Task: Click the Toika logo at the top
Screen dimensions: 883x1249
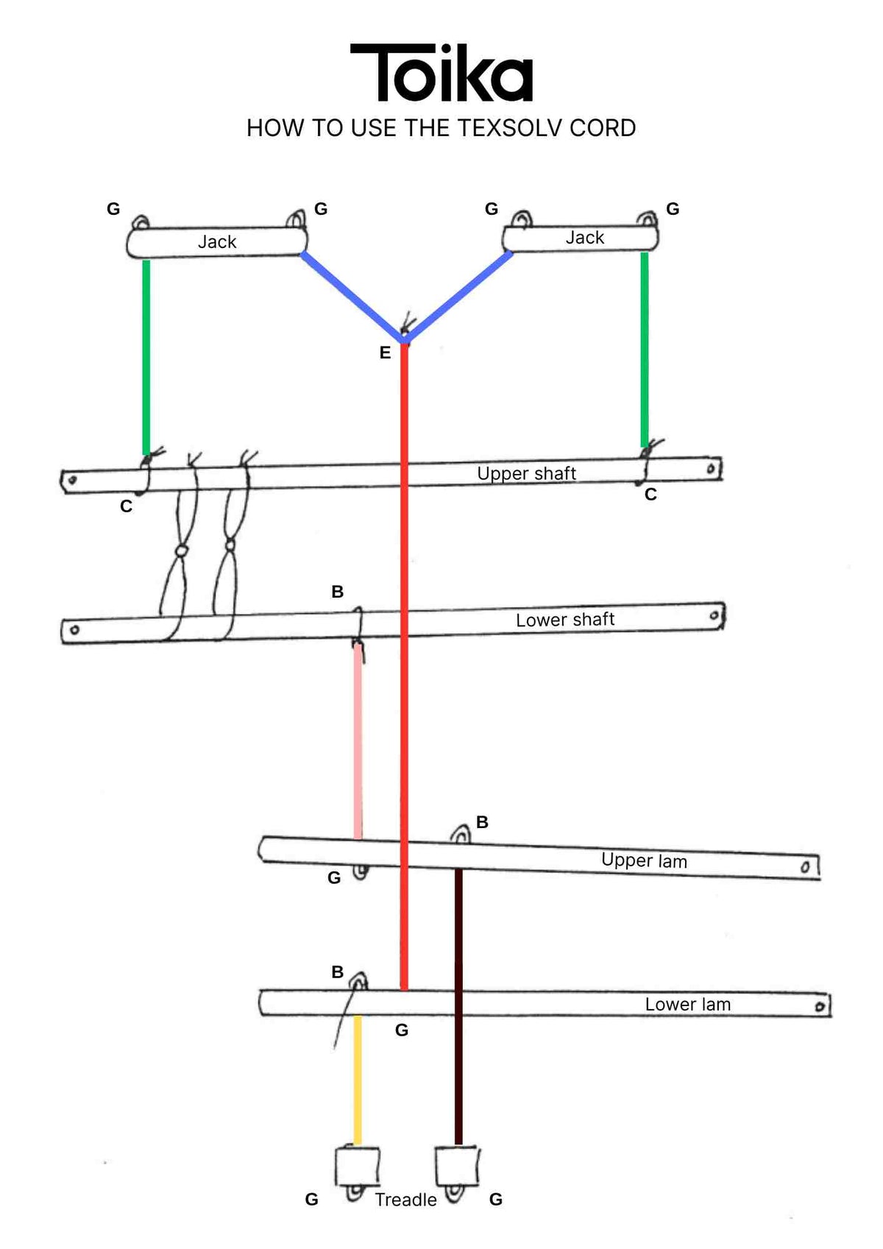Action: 441,72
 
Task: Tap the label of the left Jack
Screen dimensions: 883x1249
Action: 217,241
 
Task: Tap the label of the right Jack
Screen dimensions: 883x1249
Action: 585,238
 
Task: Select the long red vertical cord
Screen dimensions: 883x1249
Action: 404,665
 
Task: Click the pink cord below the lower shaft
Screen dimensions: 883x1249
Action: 358,741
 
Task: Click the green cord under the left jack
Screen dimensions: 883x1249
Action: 146,357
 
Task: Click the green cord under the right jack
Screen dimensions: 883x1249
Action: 645,350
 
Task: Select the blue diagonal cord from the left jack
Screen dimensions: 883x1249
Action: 352,297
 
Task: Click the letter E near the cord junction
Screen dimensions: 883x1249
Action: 385,353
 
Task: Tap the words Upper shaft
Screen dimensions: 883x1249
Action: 526,473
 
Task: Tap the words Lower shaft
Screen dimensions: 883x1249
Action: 564,620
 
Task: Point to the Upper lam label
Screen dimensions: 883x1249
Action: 644,860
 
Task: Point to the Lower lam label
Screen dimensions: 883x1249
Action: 687,1004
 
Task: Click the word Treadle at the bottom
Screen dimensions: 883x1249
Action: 406,1200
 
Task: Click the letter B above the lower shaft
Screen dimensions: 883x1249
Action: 337,591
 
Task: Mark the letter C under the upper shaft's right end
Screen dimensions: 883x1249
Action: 650,494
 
